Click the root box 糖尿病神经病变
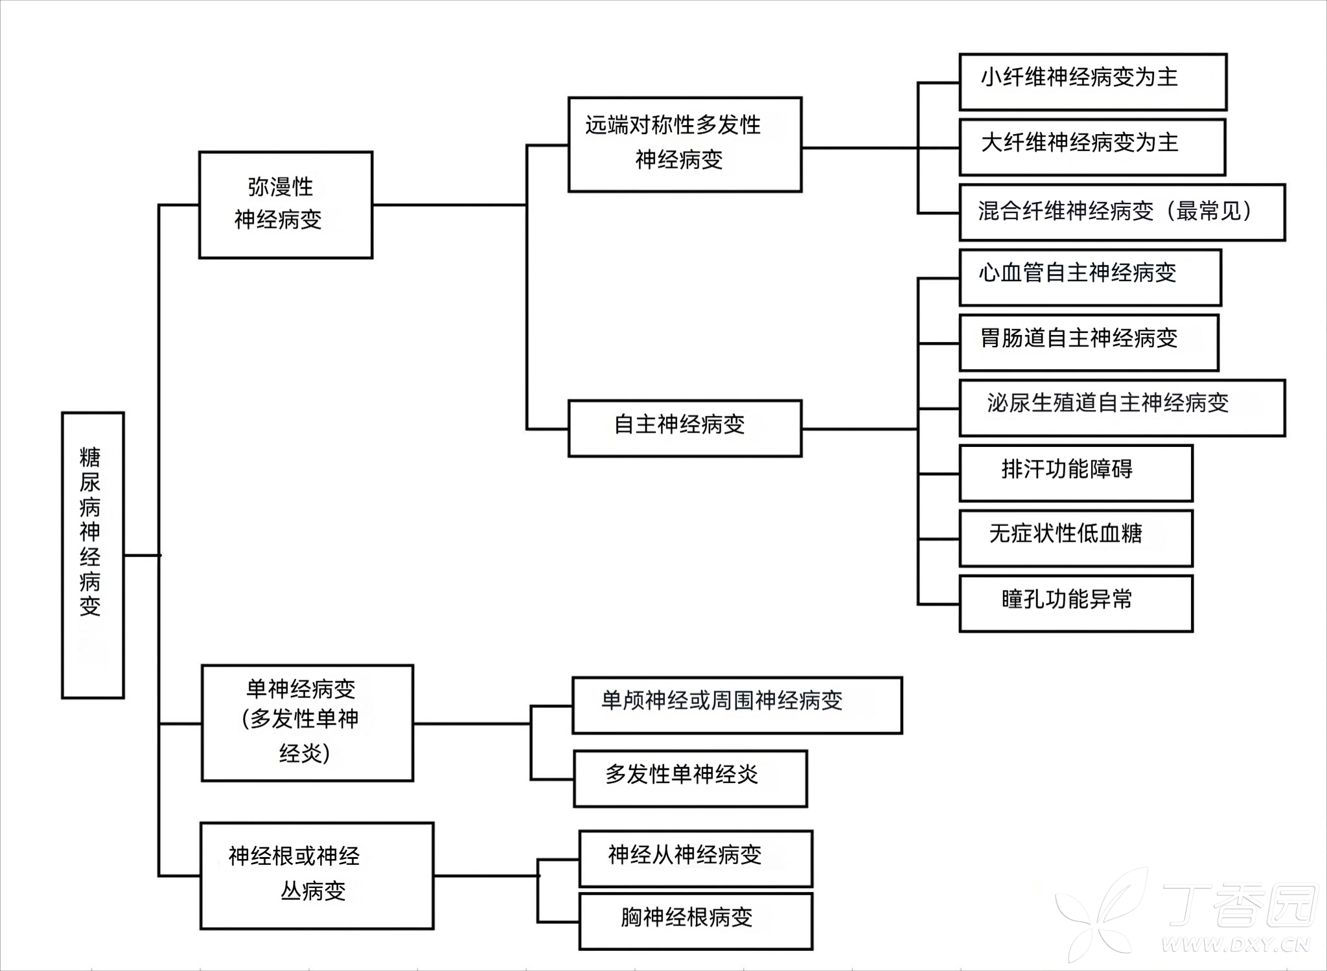click(93, 555)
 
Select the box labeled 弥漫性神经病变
click(285, 205)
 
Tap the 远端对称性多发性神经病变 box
click(685, 144)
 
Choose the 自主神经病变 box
click(685, 428)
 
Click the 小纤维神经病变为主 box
click(1092, 82)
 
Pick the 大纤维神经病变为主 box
click(1092, 146)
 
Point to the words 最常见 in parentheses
click(1213, 211)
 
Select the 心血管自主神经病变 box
click(1090, 277)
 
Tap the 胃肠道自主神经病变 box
click(1089, 342)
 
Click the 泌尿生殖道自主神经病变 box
click(1122, 407)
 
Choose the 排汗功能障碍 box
click(1076, 473)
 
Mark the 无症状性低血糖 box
click(1076, 538)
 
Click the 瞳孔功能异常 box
click(1076, 603)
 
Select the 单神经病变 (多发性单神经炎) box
click(307, 722)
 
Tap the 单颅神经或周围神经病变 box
click(737, 705)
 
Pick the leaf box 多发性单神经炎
click(690, 778)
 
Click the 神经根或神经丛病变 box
click(316, 875)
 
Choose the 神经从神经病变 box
click(695, 858)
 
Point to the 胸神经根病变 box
click(695, 921)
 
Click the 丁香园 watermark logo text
click(1240, 905)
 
